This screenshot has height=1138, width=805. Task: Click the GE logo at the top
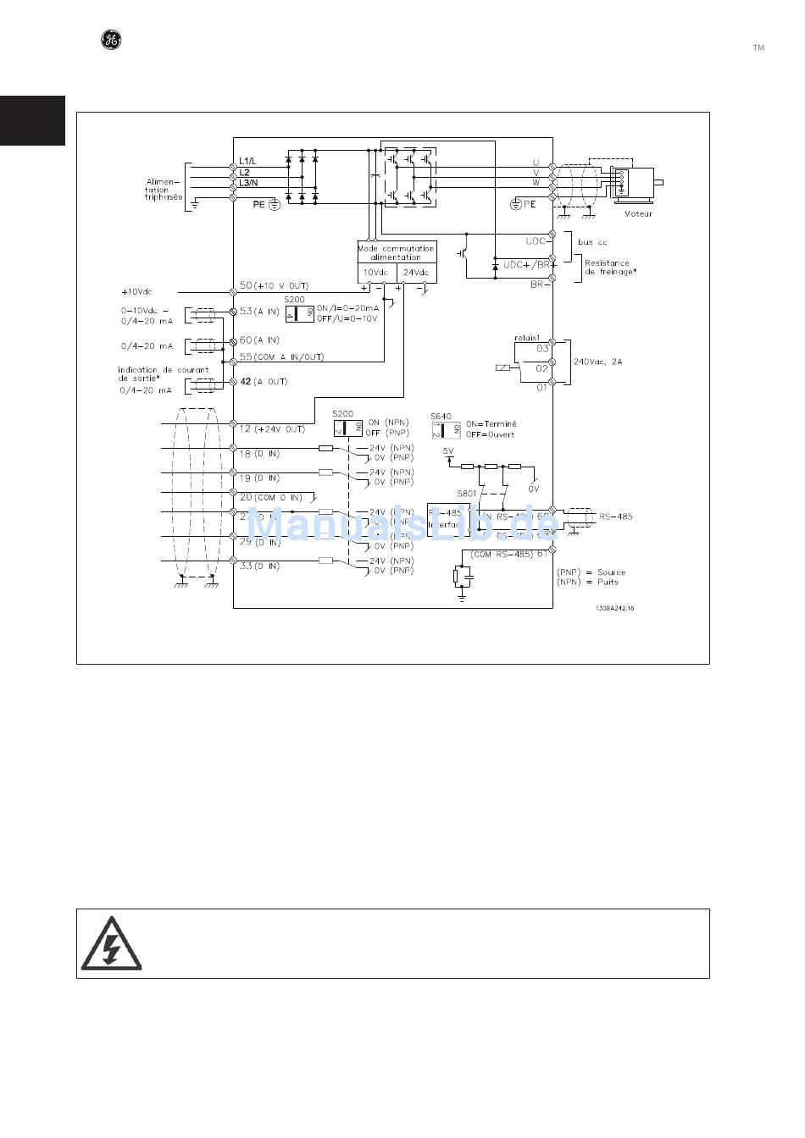111,39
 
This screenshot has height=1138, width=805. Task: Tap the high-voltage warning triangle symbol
111,943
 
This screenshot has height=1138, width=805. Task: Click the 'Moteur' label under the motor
638,213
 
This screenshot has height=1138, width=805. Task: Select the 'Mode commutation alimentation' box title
396,252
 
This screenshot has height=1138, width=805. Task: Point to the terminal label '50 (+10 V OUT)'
274,286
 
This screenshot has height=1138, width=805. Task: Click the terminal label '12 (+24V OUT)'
271,428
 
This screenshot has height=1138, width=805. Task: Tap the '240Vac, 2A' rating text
598,362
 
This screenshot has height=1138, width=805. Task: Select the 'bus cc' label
592,242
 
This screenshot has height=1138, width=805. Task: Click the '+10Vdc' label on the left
136,291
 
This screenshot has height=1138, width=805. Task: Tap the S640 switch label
441,416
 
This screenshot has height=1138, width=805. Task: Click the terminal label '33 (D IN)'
259,566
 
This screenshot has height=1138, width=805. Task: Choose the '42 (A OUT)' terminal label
264,382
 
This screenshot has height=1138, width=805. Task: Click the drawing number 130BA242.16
614,608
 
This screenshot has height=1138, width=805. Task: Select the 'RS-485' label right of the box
615,516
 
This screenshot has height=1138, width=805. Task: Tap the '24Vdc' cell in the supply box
415,273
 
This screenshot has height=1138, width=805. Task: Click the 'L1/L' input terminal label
250,161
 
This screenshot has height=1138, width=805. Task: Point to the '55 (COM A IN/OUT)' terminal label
281,356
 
